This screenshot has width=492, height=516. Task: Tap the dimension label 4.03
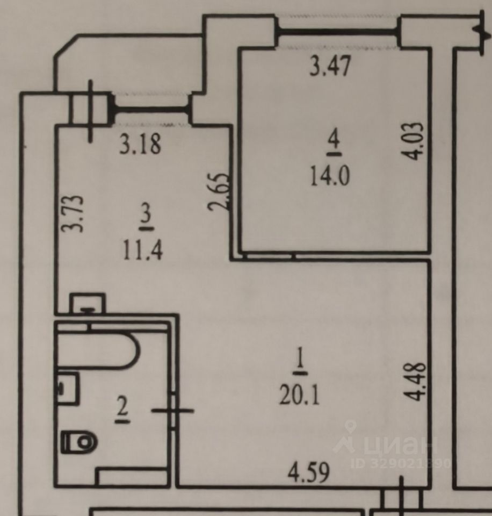pyautogui.click(x=417, y=141)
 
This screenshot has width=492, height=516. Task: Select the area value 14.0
pyautogui.click(x=330, y=176)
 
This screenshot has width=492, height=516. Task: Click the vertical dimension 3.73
pyautogui.click(x=72, y=213)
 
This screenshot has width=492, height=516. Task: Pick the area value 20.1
pyautogui.click(x=299, y=396)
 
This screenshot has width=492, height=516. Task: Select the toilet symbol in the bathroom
pyautogui.click(x=78, y=442)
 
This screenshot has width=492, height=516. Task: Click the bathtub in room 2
pyautogui.click(x=97, y=351)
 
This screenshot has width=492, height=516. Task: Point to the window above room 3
pyautogui.click(x=151, y=110)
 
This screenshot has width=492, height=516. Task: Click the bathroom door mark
pyautogui.click(x=173, y=410)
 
